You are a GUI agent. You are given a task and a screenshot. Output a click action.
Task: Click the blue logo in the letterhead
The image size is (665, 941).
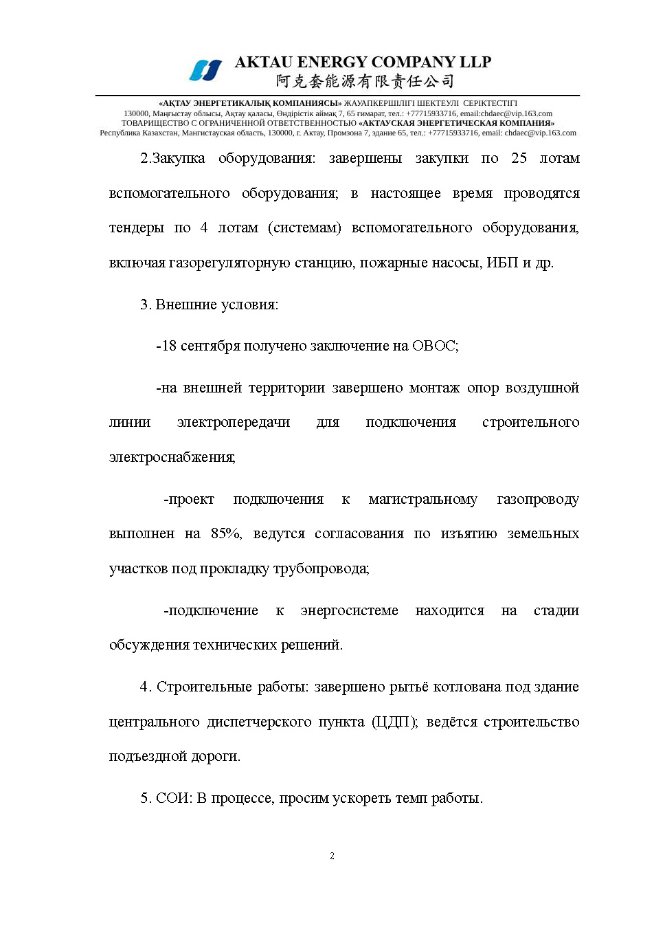pyautogui.click(x=205, y=70)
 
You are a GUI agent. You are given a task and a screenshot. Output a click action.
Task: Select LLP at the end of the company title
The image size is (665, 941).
pyautogui.click(x=475, y=63)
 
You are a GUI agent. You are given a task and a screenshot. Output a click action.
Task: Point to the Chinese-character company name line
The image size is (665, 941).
pyautogui.click(x=365, y=82)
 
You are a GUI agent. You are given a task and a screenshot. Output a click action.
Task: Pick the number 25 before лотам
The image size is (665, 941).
pyautogui.click(x=519, y=158)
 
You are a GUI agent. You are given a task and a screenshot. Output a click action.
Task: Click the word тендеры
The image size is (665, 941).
pyautogui.click(x=137, y=228)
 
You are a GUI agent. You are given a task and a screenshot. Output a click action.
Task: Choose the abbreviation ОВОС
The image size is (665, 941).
pyautogui.click(x=433, y=346)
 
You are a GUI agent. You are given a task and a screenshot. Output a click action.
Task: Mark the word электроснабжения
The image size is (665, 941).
pyautogui.click(x=172, y=457)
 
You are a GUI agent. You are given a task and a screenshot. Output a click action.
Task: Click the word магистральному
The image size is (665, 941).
pyautogui.click(x=422, y=499)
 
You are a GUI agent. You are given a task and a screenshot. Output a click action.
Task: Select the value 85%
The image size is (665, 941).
pyautogui.click(x=226, y=533)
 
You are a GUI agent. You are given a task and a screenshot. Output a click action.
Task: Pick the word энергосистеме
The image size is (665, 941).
pyautogui.click(x=349, y=610)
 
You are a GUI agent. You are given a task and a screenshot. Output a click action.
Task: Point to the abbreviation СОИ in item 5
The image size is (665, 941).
pyautogui.click(x=173, y=798)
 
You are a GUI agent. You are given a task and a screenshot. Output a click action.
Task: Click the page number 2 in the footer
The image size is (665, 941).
pyautogui.click(x=332, y=856)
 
